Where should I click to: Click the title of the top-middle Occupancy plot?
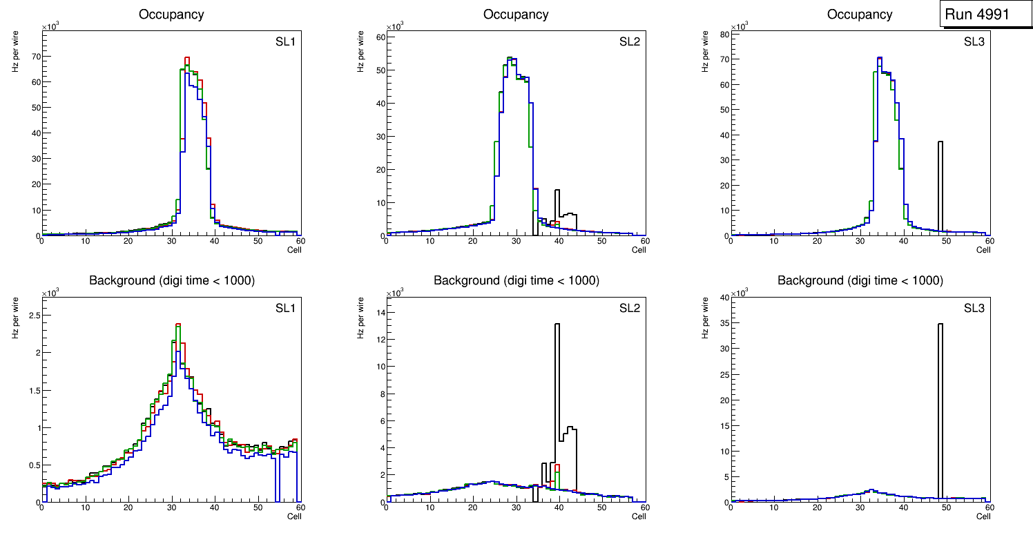(516, 14)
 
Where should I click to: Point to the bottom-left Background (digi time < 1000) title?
(172, 280)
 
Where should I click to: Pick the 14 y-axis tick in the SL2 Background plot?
(379, 313)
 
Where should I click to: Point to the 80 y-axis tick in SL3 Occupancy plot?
(723, 33)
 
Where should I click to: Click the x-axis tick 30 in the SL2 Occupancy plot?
(516, 241)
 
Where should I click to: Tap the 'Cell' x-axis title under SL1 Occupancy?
(294, 249)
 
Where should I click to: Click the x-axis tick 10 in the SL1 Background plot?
(86, 507)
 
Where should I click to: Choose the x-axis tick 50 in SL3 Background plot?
(946, 507)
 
